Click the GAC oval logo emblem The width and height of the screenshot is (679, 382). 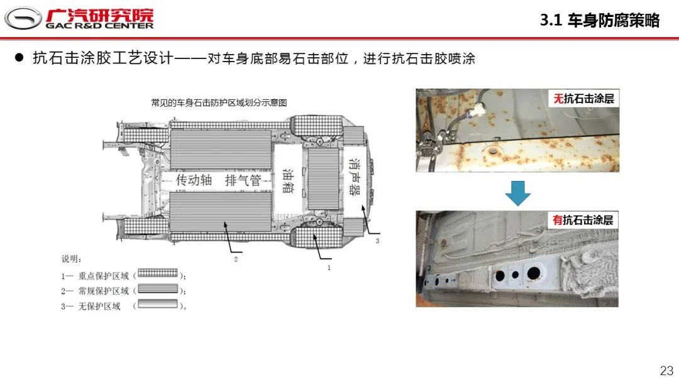[x=23, y=18]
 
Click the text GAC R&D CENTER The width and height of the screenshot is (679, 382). [x=99, y=26]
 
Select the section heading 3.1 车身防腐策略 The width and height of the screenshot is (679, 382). [x=600, y=20]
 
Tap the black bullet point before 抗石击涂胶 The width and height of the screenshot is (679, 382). [x=19, y=58]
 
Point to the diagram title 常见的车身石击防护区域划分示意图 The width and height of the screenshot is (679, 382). [x=219, y=102]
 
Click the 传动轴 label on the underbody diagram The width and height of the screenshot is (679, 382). [x=194, y=180]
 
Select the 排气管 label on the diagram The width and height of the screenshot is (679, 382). [x=243, y=180]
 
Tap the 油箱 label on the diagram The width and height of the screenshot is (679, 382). [x=288, y=181]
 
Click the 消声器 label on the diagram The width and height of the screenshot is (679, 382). [x=355, y=177]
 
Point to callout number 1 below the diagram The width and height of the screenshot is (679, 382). [x=329, y=268]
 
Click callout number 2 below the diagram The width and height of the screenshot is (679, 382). [x=236, y=259]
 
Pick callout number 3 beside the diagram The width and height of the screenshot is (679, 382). [x=378, y=241]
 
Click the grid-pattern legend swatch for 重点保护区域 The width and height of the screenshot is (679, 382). [x=158, y=273]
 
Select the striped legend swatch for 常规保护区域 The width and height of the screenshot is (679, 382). [x=158, y=288]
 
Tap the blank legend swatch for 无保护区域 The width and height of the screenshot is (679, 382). [x=158, y=304]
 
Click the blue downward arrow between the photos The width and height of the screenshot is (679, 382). [x=518, y=193]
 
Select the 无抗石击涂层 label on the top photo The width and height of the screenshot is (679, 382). [x=583, y=99]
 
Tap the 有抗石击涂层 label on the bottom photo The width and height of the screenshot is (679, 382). [x=583, y=220]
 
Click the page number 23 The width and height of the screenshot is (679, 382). [x=667, y=371]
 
